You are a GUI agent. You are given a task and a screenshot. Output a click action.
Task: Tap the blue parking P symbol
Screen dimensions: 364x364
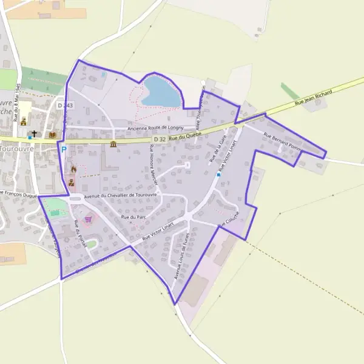pos(63,149)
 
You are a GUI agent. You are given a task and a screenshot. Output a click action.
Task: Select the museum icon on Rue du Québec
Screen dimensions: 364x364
pos(113,144)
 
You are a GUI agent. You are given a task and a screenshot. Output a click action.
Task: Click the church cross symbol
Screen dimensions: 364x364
pos(35,133)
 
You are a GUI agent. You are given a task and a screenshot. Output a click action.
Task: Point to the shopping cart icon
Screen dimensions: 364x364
pos(88,219)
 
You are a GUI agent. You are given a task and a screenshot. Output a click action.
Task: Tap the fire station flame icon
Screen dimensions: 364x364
pos(73,169)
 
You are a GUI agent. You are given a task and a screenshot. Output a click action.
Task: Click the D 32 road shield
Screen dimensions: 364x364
pos(160,140)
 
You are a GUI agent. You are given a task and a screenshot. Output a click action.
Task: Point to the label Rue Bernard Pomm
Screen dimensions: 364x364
pos(282,141)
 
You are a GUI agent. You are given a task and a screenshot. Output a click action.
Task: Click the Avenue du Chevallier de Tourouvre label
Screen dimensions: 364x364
pos(121,195)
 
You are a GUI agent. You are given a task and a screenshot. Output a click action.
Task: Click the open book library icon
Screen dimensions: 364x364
pos(53,133)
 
